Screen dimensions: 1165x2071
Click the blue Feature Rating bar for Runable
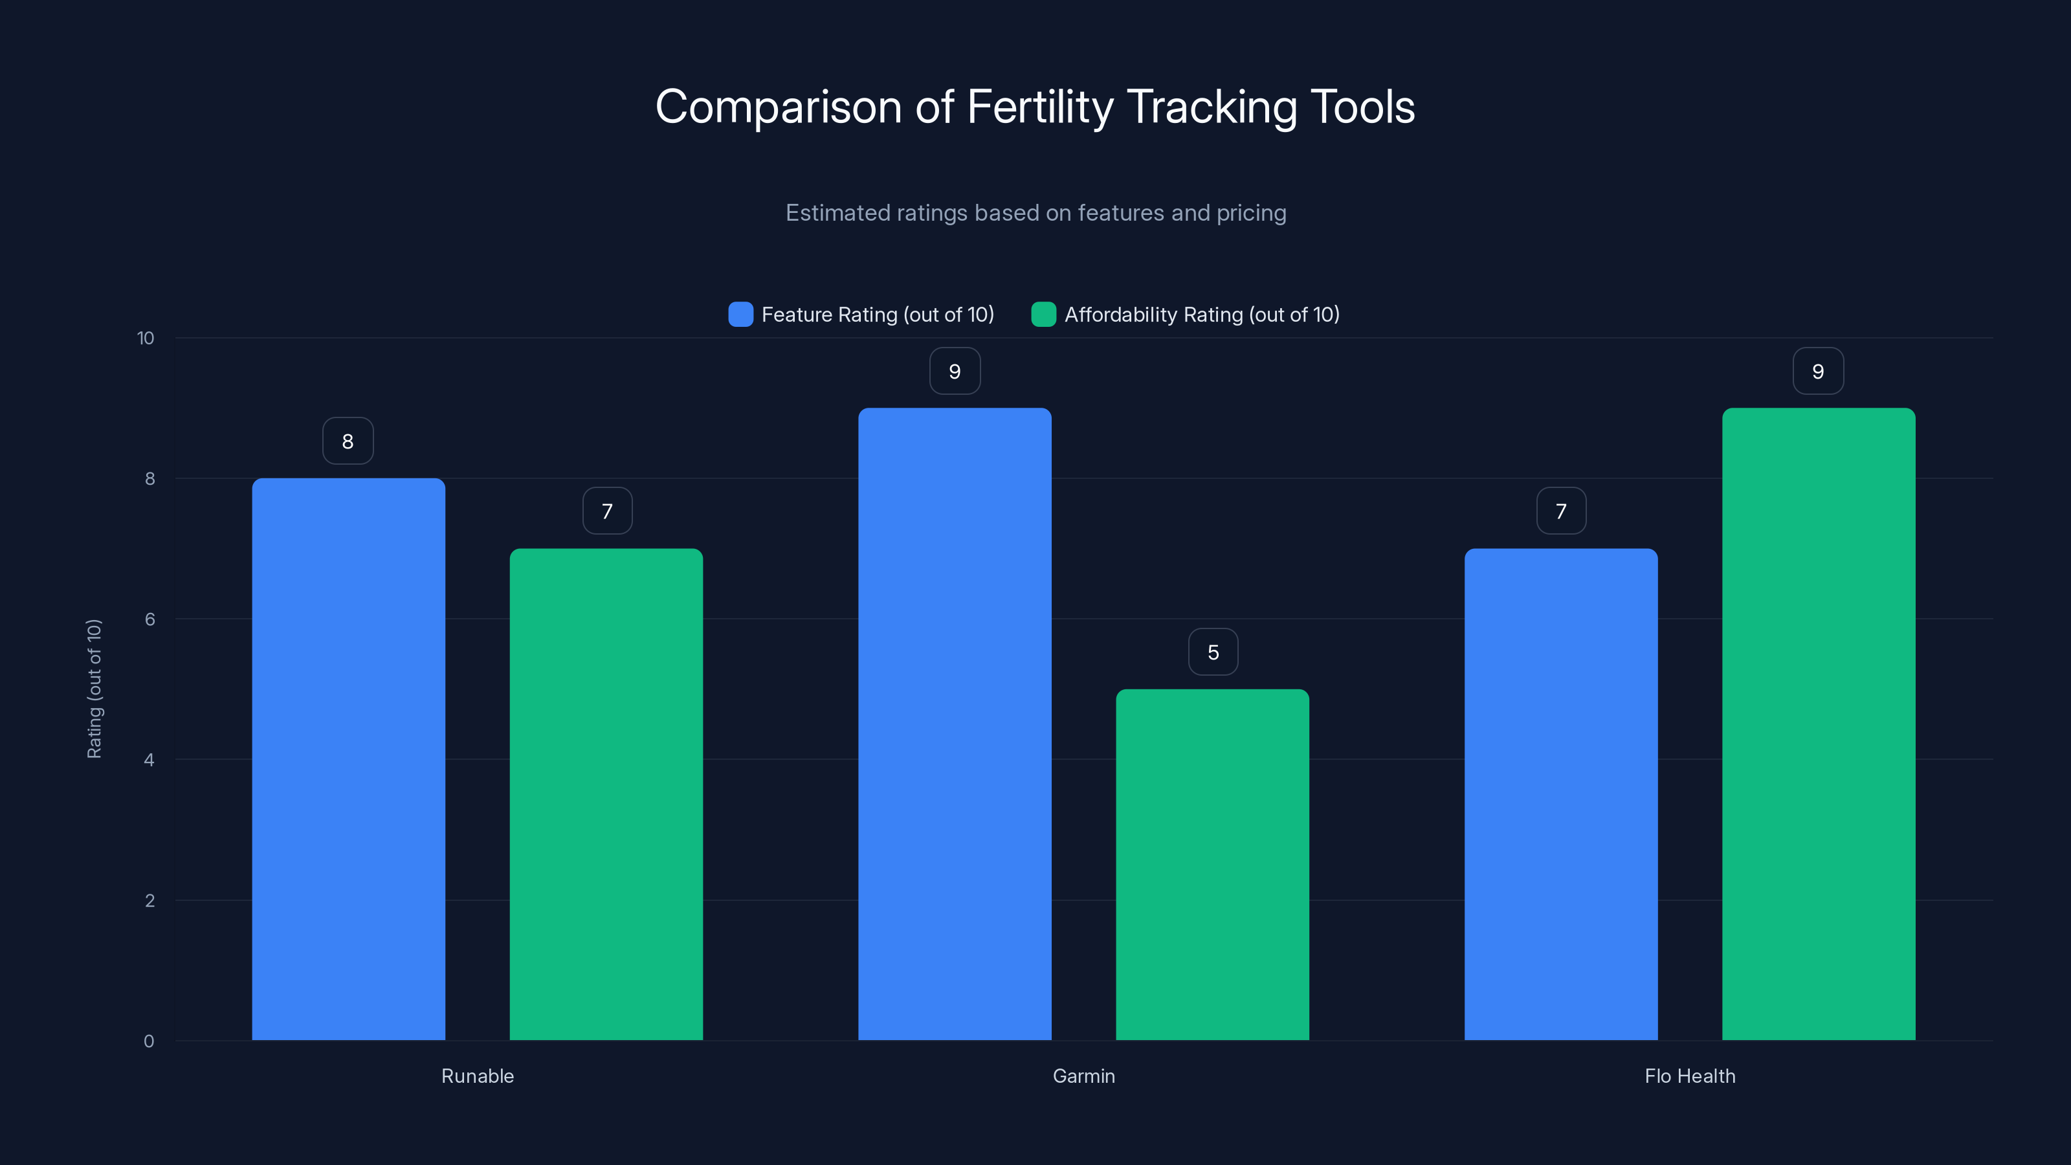coord(348,759)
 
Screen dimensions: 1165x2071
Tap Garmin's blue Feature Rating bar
coord(955,724)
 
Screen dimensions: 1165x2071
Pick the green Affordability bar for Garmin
coord(1212,864)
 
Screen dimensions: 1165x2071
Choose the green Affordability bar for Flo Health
coord(1819,724)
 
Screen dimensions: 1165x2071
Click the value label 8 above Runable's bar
coord(348,441)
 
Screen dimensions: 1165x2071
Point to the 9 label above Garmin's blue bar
coord(955,371)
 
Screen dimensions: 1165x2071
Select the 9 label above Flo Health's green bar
coord(1818,371)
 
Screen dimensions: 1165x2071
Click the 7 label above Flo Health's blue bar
coord(1560,511)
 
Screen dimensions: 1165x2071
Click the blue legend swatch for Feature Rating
coord(740,315)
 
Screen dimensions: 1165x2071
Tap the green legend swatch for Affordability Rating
coord(1043,315)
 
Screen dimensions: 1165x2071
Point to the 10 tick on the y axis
coord(146,338)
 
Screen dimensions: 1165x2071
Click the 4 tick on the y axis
coord(149,760)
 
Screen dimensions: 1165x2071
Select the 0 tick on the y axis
coord(149,1041)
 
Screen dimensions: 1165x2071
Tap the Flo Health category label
coord(1690,1076)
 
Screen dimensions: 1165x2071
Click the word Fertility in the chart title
coord(1040,107)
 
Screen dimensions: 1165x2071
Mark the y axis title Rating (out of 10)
coord(94,688)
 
